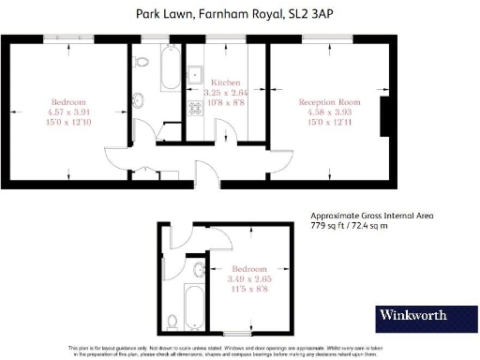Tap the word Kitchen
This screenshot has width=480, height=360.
coord(226,82)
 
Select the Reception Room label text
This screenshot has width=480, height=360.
coord(323,101)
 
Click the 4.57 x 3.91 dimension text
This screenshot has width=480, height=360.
coord(69,112)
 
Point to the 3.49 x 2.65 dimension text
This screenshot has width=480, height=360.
coord(246,278)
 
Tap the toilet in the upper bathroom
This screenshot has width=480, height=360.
coord(140,61)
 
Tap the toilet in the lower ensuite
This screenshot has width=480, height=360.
coord(171,322)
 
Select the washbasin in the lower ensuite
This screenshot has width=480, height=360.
coord(198,270)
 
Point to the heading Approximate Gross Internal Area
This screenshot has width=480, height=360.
coord(372,215)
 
